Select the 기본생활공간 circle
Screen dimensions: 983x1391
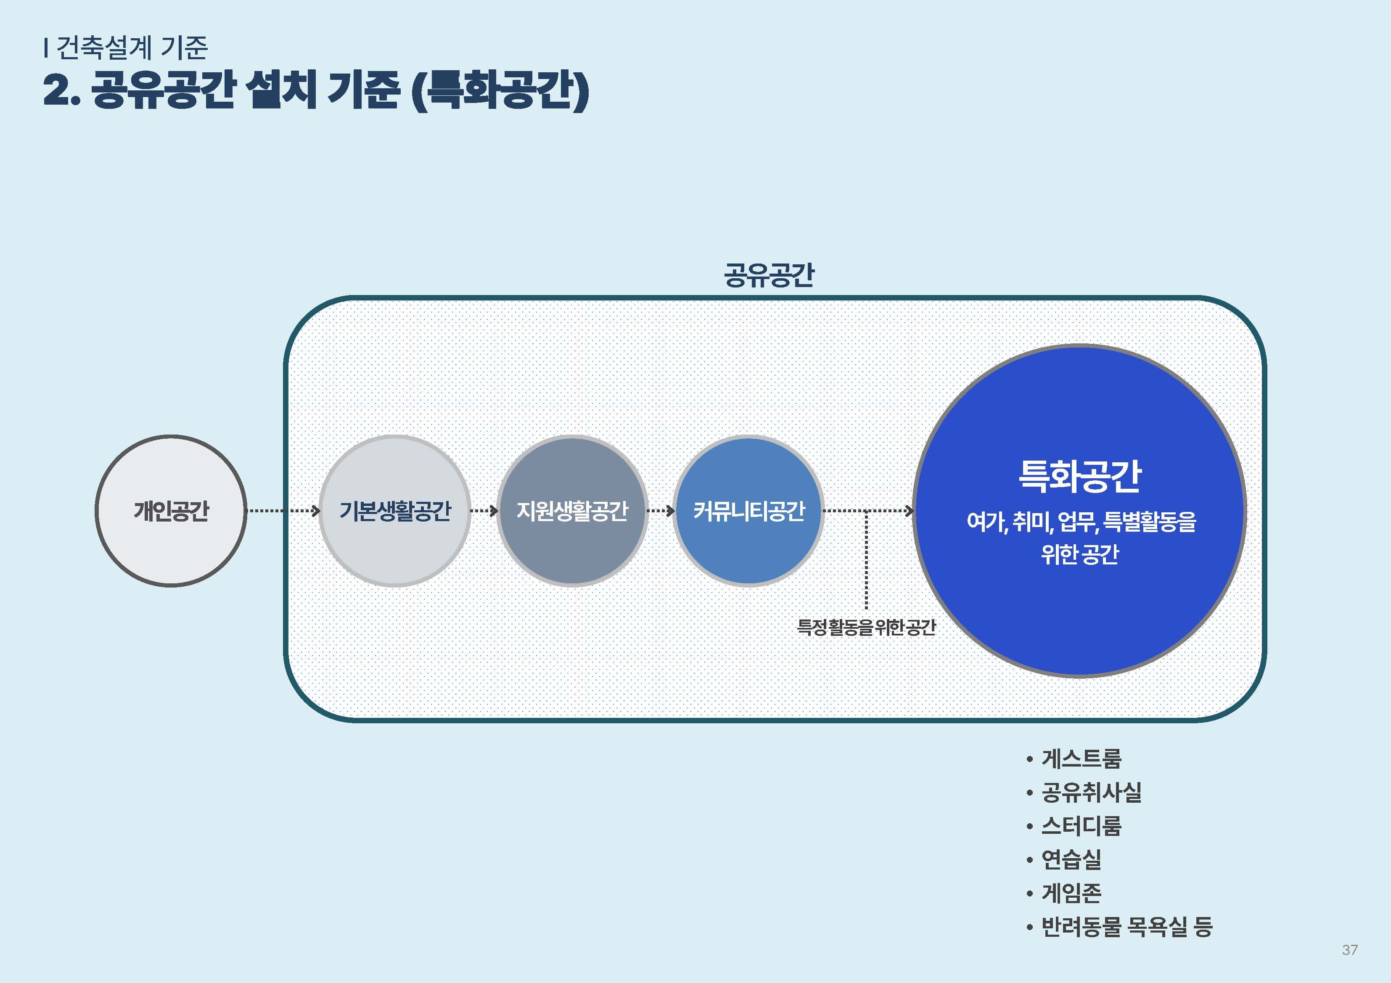tap(395, 511)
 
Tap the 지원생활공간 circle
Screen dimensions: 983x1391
tap(572, 511)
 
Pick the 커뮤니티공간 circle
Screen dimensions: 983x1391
tap(749, 511)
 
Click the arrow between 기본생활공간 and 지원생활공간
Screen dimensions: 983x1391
tap(484, 511)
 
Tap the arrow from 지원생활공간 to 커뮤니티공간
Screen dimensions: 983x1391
tap(660, 511)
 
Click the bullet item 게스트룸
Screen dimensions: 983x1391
tap(1082, 758)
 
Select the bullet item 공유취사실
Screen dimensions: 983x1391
tap(1091, 792)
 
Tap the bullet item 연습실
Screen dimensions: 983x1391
tap(1071, 859)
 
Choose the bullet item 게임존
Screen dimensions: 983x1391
tap(1071, 892)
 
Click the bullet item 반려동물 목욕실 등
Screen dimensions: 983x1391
tap(1127, 926)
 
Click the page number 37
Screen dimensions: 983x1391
tap(1350, 950)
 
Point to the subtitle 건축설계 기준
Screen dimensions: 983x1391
tap(132, 47)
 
